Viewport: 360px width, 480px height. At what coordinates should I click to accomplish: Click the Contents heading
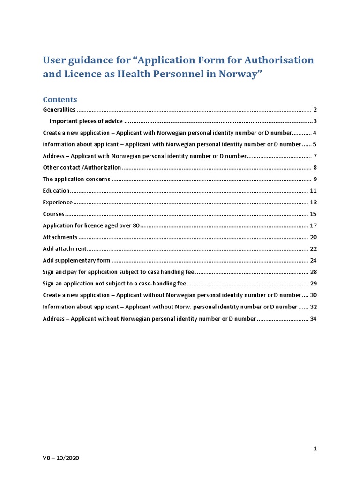tap(60, 99)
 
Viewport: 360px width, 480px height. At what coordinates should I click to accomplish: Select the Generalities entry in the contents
tap(59, 110)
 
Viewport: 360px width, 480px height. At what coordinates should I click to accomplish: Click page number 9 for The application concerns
tap(315, 179)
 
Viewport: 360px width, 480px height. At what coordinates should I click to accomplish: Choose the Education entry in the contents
tap(56, 191)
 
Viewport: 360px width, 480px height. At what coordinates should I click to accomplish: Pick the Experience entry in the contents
tap(58, 202)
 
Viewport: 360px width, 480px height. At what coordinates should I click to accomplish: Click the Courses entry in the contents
tap(53, 214)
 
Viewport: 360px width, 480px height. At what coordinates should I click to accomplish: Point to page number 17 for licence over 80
tap(314, 225)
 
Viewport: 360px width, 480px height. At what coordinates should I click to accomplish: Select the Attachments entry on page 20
tap(60, 237)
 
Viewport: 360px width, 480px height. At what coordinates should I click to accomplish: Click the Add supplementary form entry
tap(76, 260)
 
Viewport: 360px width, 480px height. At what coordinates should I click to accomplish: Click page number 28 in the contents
tap(314, 272)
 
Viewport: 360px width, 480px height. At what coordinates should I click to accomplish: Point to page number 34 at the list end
tap(314, 319)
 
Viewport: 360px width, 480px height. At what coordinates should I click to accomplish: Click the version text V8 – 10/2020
tap(61, 458)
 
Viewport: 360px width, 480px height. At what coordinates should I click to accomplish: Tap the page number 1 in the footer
tap(315, 449)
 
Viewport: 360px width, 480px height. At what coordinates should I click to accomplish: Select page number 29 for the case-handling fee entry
tap(314, 284)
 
